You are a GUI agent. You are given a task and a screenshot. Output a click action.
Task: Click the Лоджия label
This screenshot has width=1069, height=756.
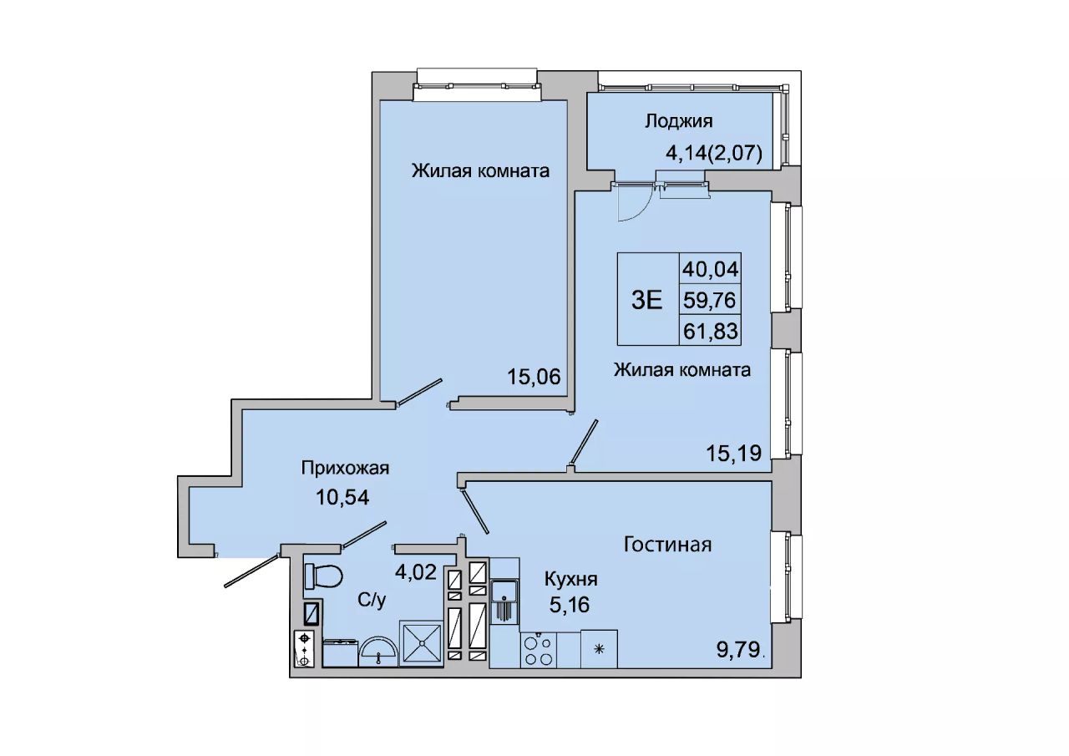[x=679, y=121]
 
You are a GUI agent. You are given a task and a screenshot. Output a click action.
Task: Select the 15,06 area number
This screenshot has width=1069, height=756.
[x=534, y=377]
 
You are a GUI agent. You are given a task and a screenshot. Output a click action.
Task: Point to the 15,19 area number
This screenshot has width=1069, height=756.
[x=734, y=453]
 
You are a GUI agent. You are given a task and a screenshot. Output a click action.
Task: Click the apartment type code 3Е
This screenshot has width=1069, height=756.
[x=647, y=300]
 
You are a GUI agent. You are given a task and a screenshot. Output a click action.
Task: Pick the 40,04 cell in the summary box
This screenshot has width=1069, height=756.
[x=710, y=269]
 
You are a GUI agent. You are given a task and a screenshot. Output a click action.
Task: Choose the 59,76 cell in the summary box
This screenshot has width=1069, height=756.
[x=710, y=300]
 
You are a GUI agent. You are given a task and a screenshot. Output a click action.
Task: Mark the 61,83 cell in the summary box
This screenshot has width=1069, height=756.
[x=710, y=331]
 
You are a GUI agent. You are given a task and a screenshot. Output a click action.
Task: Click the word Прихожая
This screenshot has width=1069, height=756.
[x=345, y=469]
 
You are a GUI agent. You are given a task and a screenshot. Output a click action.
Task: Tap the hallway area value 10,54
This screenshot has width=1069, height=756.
[x=342, y=498]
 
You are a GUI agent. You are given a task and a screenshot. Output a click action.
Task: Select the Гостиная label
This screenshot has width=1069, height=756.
[x=667, y=545]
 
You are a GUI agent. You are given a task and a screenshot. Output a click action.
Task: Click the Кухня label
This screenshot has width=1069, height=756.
[x=570, y=580]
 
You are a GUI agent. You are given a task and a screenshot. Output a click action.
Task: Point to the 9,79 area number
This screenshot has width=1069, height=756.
[x=738, y=650]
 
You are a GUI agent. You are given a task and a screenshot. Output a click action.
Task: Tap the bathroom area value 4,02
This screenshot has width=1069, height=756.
[x=416, y=571]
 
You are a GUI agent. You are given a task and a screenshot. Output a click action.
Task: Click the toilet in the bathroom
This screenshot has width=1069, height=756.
[x=323, y=576]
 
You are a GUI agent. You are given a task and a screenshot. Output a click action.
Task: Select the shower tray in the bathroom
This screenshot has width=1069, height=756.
[x=422, y=643]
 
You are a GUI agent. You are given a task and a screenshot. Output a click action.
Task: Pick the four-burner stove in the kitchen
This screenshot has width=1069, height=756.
[x=539, y=649]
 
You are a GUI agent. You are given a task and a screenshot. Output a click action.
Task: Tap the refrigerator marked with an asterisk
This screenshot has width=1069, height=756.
[x=599, y=648]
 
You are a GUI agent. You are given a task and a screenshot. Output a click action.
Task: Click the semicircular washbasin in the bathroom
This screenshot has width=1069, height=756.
[x=378, y=651]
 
